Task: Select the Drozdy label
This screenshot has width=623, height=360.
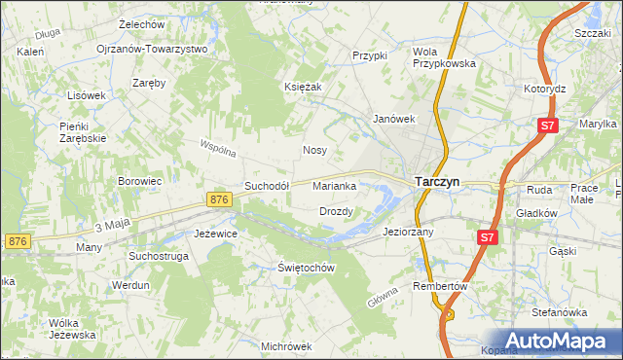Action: tap(336, 210)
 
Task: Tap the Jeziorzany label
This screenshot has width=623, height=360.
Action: tap(409, 233)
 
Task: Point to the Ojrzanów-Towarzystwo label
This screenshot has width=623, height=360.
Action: tap(152, 49)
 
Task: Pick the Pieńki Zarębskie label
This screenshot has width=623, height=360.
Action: tap(83, 132)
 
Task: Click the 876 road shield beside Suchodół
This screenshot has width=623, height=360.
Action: tap(219, 199)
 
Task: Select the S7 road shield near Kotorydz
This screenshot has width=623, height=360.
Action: tap(549, 126)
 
